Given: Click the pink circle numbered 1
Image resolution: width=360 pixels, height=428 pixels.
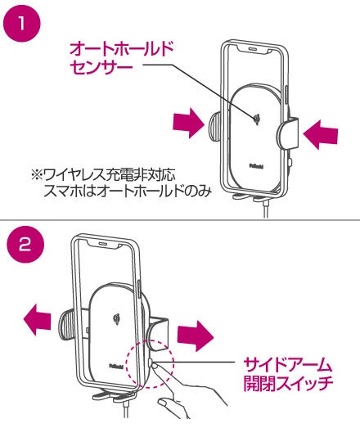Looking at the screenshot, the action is coord(22,23).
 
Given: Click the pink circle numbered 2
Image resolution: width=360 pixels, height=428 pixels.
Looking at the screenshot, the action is coord(25,245).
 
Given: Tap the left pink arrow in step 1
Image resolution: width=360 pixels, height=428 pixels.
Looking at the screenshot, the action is coord(189,123).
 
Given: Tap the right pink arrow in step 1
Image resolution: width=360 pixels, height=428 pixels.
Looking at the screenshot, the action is coord(321,134).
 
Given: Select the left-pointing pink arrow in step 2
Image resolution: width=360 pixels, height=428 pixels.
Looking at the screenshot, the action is coord(38,320).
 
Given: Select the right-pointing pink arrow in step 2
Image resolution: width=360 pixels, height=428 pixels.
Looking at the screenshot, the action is coord(196,336).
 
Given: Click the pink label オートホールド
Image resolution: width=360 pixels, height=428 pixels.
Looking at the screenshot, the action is coord(122,49).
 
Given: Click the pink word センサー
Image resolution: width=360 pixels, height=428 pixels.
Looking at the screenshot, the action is coord(101,67).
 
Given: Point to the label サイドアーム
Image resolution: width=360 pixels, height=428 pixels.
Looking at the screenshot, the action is coord(287,365).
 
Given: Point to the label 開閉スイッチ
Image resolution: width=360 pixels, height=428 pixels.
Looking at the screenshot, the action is coord(288,383).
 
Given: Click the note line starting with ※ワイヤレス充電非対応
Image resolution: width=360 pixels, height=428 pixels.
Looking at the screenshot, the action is coord(103,175).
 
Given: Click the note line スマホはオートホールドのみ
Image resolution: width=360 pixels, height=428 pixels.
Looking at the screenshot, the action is coord(128,191).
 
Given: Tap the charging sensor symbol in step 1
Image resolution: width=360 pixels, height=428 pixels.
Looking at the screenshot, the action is coord(257,119).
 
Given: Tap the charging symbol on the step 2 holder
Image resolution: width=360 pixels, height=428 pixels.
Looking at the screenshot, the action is coord(117,318).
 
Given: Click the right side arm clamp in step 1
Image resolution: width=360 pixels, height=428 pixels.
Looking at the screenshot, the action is coord(287,133).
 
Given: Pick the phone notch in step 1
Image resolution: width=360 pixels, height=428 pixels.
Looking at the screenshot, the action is coord(254,49).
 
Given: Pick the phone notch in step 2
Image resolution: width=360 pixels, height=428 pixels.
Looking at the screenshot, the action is coord(103,245).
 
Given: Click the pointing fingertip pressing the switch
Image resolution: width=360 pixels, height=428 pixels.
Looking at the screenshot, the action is coord(155,366).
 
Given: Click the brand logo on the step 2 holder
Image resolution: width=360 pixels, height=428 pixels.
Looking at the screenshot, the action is coord(116,366).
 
